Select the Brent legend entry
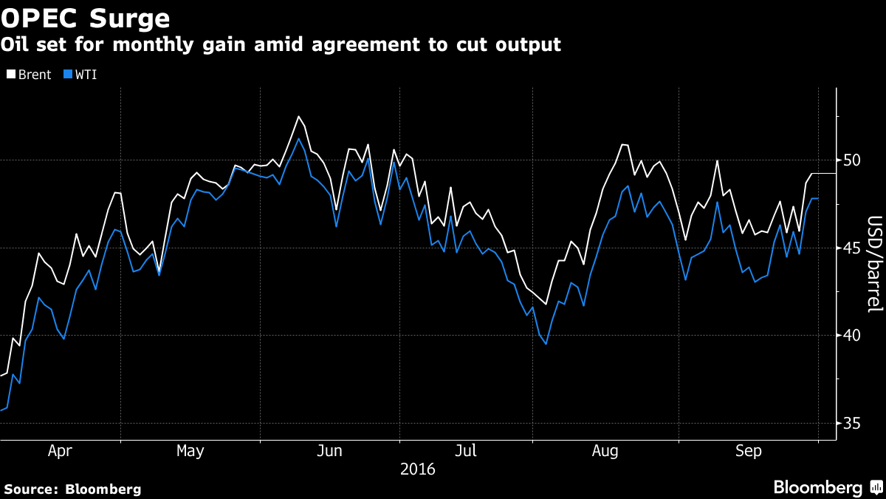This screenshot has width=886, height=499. click(29, 75)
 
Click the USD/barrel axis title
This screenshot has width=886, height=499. click(874, 264)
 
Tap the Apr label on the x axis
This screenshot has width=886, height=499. click(60, 450)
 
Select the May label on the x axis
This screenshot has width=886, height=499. click(190, 450)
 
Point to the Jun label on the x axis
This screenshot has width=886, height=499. click(330, 450)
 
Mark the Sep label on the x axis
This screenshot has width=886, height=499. click(748, 450)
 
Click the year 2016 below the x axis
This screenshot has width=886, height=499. click(417, 469)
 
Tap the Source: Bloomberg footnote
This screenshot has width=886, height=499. click(72, 489)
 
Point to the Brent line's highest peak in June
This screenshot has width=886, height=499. click(298, 116)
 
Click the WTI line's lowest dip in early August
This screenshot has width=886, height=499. click(546, 344)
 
